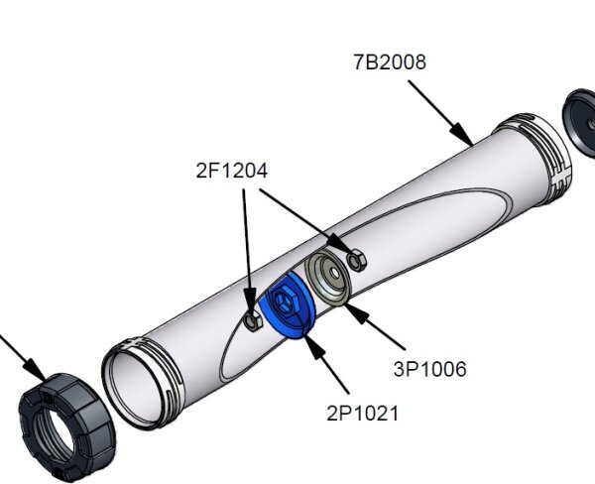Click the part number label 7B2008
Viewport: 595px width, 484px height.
point(390,62)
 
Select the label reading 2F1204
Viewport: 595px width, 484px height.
point(231,171)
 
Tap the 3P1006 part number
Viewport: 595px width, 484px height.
point(429,370)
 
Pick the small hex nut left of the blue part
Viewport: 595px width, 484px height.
point(252,318)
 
